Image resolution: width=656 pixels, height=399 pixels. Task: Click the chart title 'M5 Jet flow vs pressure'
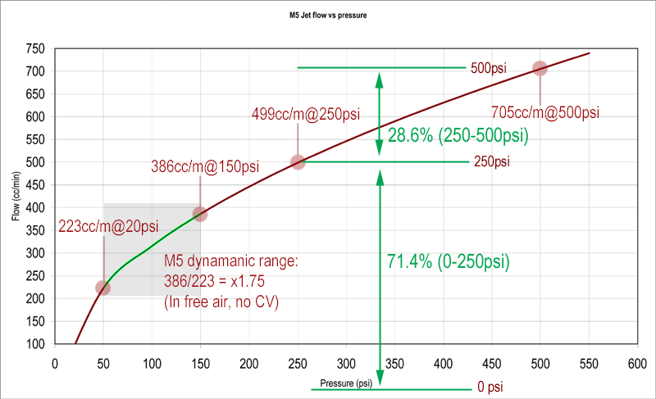click(327, 15)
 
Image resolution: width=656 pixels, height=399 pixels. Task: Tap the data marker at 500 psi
click(540, 69)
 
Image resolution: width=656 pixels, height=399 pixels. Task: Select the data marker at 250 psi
click(298, 162)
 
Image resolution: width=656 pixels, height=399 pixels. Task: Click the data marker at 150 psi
click(200, 214)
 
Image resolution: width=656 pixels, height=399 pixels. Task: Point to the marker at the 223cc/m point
click(102, 288)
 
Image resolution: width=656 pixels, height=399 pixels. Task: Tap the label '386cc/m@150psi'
click(205, 166)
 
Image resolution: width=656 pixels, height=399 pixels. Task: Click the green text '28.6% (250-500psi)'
click(458, 136)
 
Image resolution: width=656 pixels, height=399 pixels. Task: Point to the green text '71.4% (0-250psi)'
click(449, 262)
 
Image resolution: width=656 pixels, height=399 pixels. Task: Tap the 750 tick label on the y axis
click(34, 49)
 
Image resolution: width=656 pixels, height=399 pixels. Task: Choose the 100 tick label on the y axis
click(34, 344)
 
